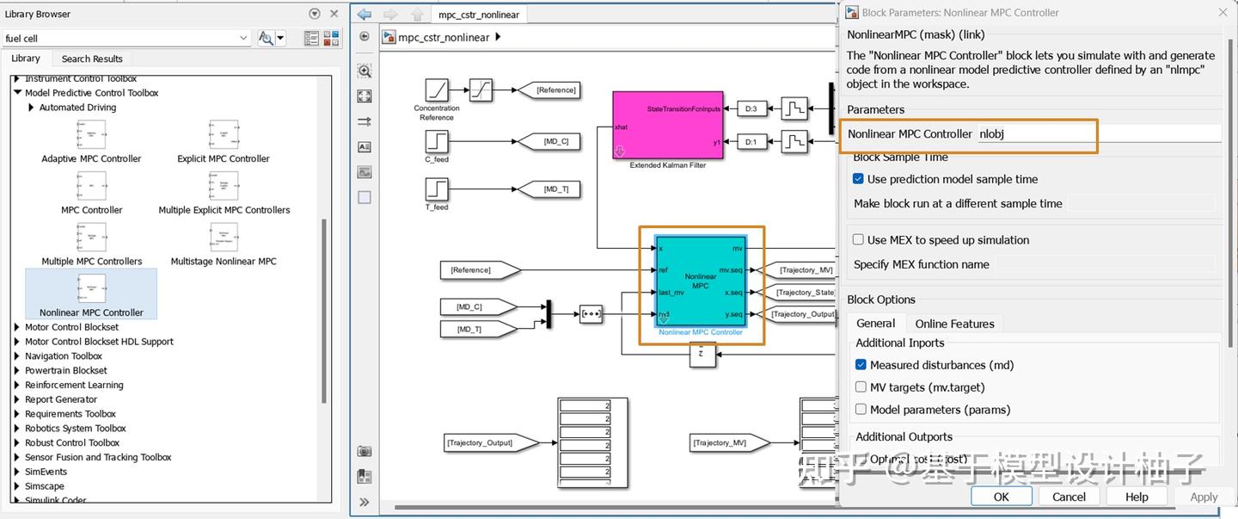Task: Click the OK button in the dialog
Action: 1001,497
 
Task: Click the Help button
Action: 1136,497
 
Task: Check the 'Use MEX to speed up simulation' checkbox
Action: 858,240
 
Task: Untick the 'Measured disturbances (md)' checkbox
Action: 861,365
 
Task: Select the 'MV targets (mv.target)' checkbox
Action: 861,387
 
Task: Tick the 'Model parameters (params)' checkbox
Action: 861,410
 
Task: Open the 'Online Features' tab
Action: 954,324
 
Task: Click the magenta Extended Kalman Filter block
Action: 667,125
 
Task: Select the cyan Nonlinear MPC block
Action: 700,281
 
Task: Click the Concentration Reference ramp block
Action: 437,90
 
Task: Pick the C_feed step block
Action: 437,141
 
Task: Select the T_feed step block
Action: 437,189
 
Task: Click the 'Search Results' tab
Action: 92,59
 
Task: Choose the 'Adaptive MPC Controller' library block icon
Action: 91,134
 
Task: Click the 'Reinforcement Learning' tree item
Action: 74,385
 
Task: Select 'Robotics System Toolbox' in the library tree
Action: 76,428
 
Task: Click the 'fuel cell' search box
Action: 120,38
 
